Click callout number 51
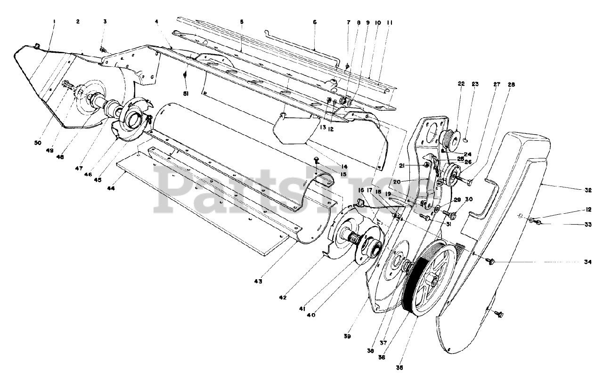(x=187, y=94)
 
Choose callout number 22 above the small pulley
(x=448, y=84)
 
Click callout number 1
(x=54, y=21)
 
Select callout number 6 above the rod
(x=315, y=22)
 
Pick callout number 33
(x=587, y=225)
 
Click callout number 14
(x=344, y=166)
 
